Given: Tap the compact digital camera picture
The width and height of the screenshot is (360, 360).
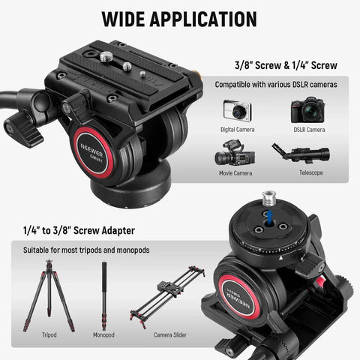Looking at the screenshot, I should [237, 110].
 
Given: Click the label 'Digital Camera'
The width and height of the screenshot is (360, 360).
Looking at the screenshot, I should [237, 129].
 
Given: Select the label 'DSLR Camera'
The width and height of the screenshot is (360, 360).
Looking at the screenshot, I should [308, 129].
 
